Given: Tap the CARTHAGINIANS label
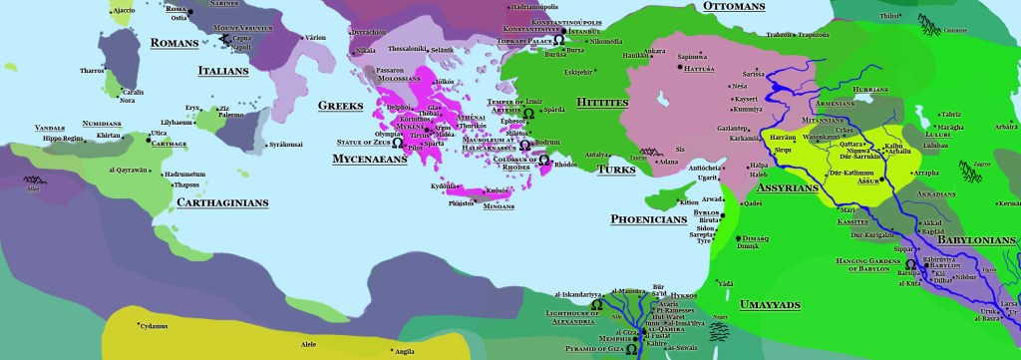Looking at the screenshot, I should pyautogui.click(x=221, y=202).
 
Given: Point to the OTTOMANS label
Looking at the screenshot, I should pyautogui.click(x=733, y=7).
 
